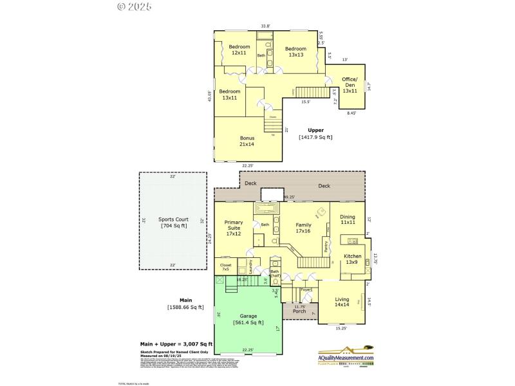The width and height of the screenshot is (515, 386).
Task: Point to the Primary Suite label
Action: [234, 228]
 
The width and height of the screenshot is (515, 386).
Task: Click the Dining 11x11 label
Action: [348, 219]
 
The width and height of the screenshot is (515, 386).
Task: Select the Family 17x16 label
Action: [303, 228]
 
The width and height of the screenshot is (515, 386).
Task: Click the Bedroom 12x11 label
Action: [239, 50]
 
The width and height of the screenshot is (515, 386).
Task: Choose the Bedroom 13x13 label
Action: [295, 52]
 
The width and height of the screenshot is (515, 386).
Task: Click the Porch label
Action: [298, 312]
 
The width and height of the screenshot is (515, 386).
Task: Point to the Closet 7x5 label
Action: [225, 267]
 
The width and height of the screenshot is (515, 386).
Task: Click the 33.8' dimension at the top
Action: [265, 26]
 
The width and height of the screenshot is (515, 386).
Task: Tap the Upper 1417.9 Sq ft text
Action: [315, 134]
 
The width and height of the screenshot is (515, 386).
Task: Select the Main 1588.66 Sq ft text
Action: [185, 304]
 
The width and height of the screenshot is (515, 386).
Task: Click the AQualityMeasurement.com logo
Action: [345, 358]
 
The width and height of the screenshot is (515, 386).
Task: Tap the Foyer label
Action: [306, 291]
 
